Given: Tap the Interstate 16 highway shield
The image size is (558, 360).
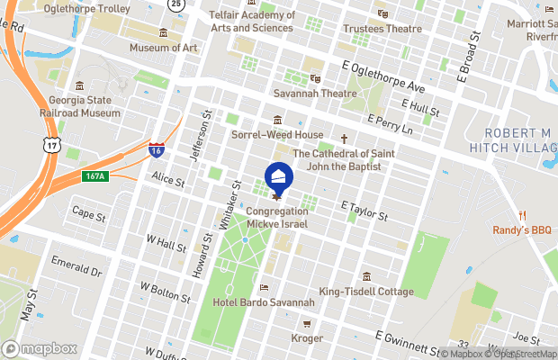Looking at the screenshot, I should point(157,148).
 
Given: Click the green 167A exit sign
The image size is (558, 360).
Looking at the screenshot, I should point(96,176).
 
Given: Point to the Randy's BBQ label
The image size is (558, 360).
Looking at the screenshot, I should point(521,229).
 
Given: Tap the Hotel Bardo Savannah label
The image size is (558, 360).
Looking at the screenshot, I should point(263,302).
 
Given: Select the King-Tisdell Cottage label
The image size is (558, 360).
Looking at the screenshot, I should point(366,292).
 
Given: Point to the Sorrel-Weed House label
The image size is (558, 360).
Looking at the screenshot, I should point(276,135).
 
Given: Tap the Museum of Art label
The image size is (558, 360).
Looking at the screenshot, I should point(163,47).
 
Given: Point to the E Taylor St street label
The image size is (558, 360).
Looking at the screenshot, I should point(364,211).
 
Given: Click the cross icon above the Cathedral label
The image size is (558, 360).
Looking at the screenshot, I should point(343,139).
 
